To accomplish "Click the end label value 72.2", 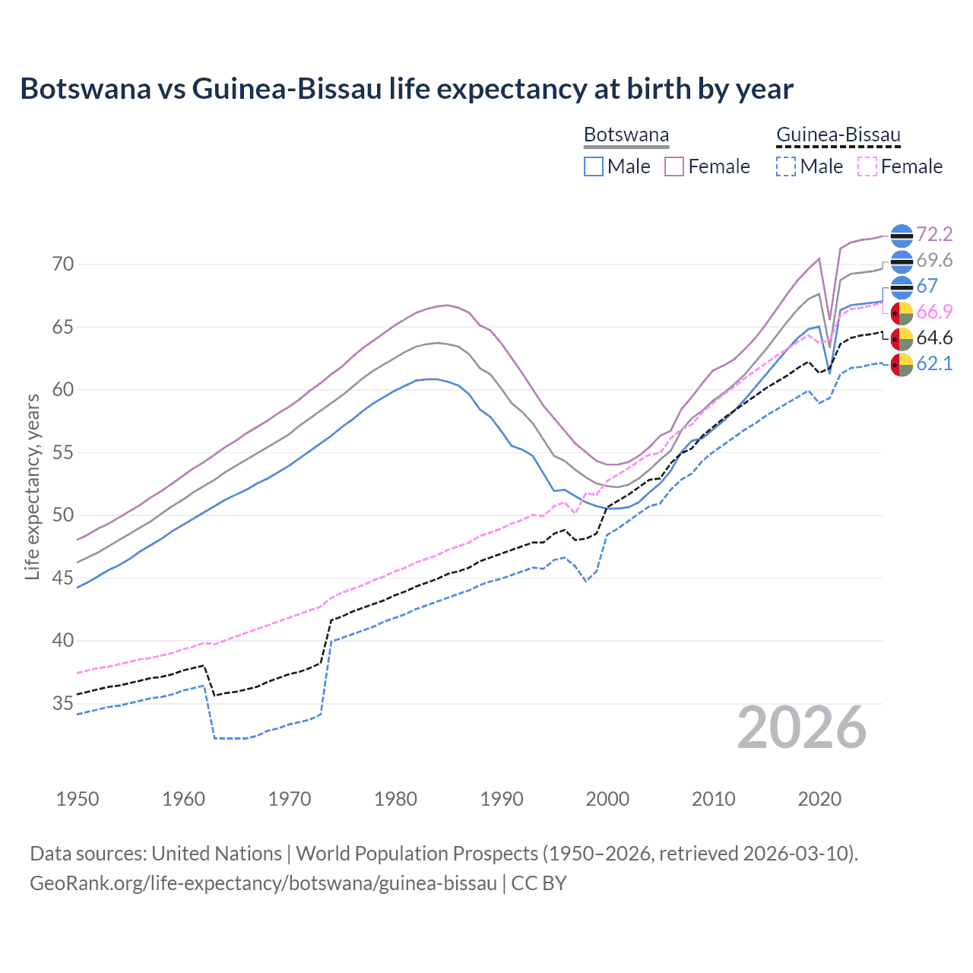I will [x=934, y=234].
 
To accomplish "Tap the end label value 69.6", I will [x=934, y=260].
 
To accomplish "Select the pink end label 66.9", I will [x=934, y=312].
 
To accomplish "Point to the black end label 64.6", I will [x=934, y=338].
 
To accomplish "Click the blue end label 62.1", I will [x=934, y=363].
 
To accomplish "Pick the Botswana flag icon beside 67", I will [x=901, y=287].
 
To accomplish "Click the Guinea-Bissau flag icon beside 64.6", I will [x=901, y=338].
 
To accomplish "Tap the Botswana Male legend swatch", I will [x=594, y=166].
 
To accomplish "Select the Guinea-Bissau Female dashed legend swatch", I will [x=867, y=166].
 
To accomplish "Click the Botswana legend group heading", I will [x=626, y=135].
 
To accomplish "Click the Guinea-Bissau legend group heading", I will [x=838, y=135].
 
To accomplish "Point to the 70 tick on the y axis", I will [x=63, y=265].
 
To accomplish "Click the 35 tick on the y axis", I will [x=63, y=703].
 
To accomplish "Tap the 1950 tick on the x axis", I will [x=78, y=799].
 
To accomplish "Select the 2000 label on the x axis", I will [x=607, y=799].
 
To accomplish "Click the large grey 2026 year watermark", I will [x=802, y=727].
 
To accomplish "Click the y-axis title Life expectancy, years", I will [x=32, y=486].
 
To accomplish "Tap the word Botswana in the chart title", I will [x=85, y=89].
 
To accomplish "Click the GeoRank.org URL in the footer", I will [x=263, y=883].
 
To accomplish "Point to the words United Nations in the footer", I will [x=217, y=854].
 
